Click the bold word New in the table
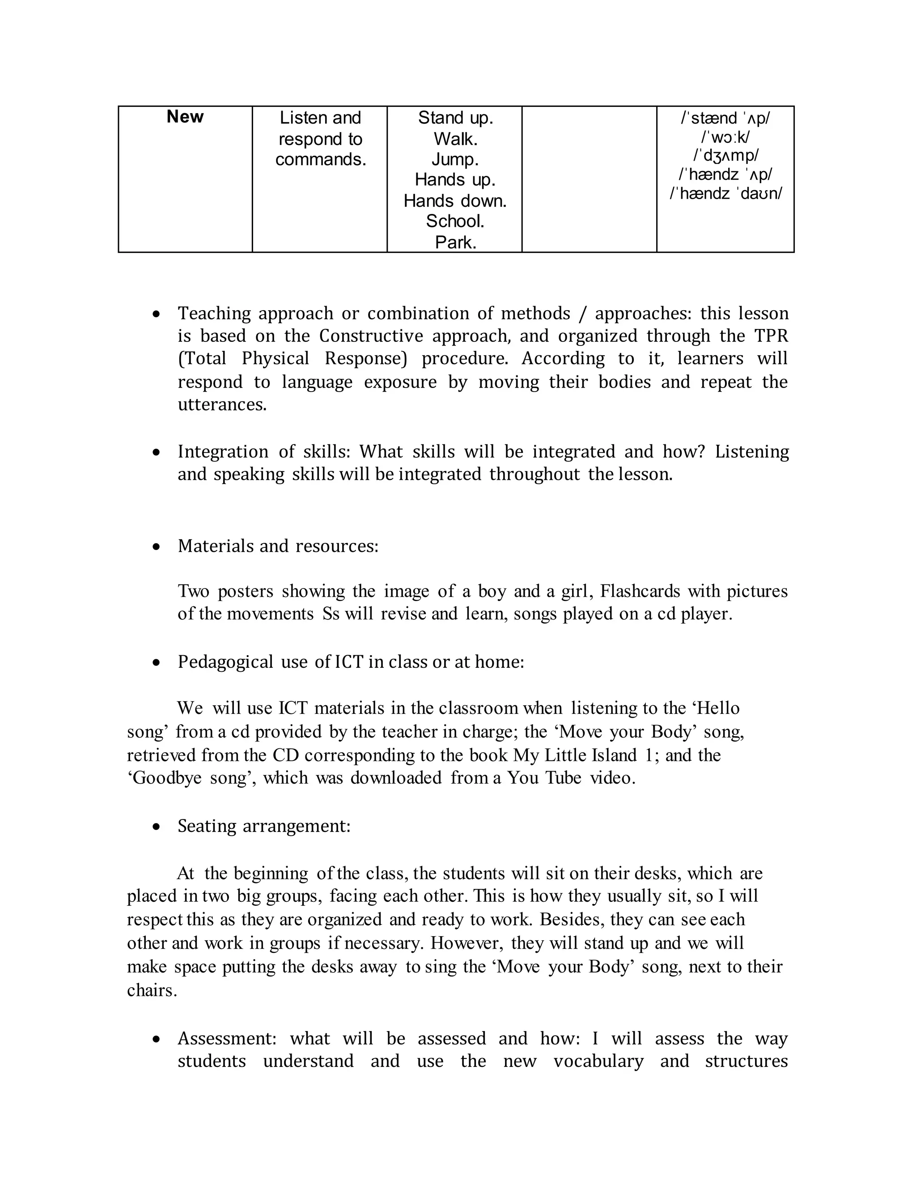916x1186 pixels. [x=185, y=117]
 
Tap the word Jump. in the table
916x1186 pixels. [x=455, y=160]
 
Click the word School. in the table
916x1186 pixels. [x=455, y=222]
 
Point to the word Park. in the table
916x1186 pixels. [x=455, y=242]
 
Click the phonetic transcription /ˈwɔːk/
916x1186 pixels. [x=725, y=137]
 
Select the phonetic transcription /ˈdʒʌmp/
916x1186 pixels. [x=725, y=155]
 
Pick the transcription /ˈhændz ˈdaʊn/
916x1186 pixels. [x=725, y=193]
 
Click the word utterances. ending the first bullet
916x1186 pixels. [x=222, y=405]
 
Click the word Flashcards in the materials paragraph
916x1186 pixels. [x=640, y=591]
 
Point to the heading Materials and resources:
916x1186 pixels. [x=278, y=546]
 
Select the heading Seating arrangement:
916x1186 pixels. [x=264, y=826]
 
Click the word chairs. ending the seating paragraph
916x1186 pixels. [x=152, y=990]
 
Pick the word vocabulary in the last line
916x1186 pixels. [x=598, y=1061]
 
